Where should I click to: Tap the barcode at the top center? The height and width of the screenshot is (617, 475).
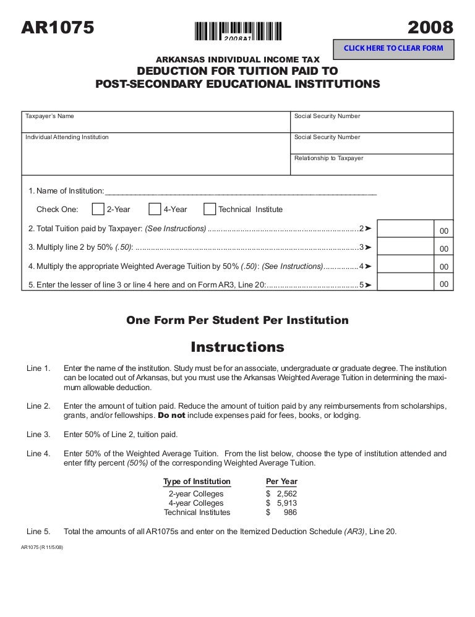coord(237,31)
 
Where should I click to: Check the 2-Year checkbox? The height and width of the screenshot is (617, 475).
coord(98,210)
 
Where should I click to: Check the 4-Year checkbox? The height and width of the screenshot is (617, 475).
coord(155,210)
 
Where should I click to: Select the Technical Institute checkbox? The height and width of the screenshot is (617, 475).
coord(210,210)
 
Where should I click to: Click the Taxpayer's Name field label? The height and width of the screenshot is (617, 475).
coord(49,116)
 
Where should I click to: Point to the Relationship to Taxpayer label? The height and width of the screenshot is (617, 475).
coord(328,158)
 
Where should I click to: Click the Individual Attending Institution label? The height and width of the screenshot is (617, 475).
coord(66,137)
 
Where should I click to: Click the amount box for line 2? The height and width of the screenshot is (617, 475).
coord(404,229)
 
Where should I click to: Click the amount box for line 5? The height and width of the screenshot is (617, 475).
coord(404,284)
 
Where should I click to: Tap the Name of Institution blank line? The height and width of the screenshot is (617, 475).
coord(241,191)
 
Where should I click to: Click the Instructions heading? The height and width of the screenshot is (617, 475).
coord(237,346)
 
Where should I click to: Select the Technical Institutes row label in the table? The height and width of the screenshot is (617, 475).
coord(197,513)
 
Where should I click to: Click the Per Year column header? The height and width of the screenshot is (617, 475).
coord(281,482)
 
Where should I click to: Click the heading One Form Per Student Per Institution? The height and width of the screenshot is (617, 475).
coord(237,320)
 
